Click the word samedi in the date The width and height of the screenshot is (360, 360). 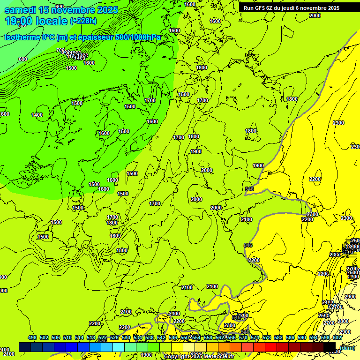[21, 10]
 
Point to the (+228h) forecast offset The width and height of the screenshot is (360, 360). [83, 21]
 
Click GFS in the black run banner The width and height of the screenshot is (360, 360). [262, 8]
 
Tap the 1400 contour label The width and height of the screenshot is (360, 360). [37, 115]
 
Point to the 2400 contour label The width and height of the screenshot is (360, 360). [328, 302]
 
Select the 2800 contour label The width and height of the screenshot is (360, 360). [343, 321]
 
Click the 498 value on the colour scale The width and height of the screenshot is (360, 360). [32, 337]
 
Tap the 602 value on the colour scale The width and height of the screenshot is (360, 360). [337, 337]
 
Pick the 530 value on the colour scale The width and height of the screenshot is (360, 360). [126, 337]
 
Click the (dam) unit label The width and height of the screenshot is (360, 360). [347, 347]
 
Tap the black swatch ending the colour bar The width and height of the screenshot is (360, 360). [329, 346]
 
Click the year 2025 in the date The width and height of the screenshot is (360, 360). [107, 10]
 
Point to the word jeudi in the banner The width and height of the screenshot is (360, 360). [292, 8]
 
